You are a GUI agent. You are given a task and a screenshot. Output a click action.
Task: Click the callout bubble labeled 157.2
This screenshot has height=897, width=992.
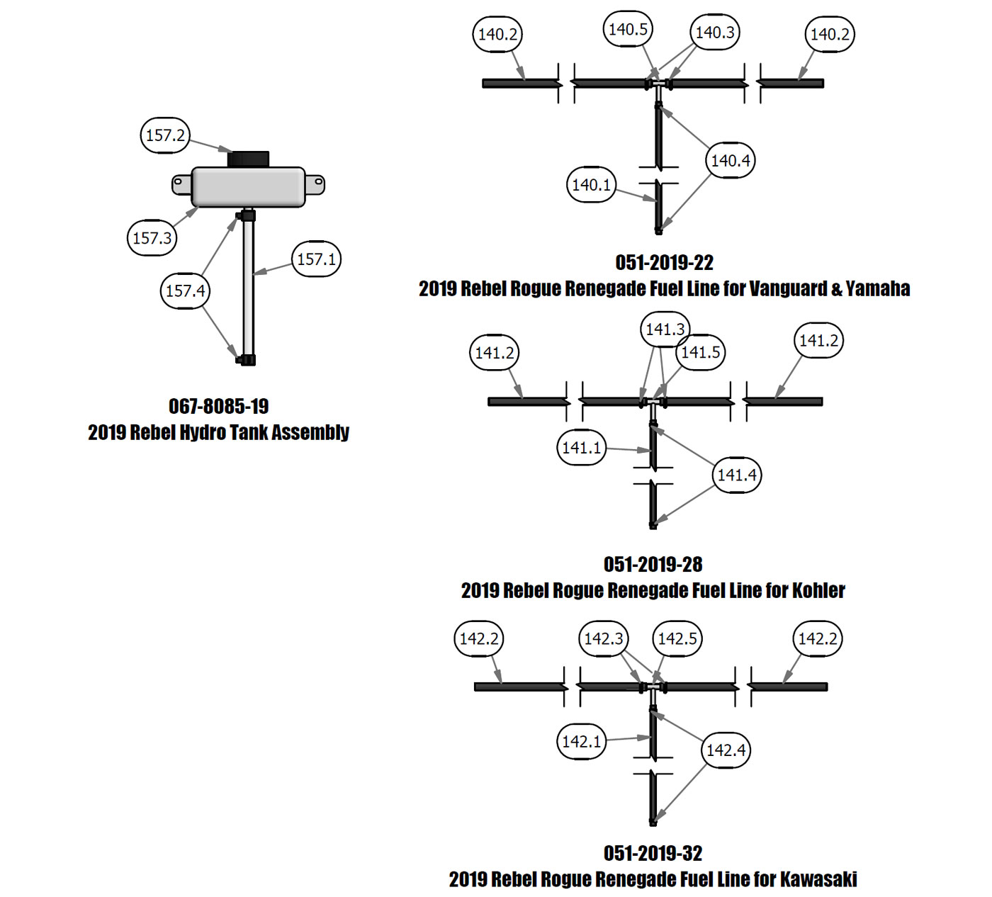click(x=165, y=135)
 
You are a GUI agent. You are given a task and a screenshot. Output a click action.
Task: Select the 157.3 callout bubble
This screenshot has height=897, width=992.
click(x=152, y=238)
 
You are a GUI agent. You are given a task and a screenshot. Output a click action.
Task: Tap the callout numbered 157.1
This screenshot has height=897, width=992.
click(x=317, y=259)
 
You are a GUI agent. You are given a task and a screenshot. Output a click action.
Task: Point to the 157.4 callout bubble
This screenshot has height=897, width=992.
click(x=185, y=290)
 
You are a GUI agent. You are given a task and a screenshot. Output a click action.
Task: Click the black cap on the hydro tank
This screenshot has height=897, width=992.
click(x=248, y=159)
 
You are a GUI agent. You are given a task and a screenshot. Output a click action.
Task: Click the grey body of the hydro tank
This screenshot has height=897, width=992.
click(x=248, y=187)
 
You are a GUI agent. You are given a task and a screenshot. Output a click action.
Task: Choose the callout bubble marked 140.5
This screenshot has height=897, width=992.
click(x=628, y=30)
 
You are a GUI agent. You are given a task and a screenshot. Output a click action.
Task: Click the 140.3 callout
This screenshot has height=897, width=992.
click(x=715, y=33)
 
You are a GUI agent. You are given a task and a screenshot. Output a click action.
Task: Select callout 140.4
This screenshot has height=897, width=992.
click(x=731, y=161)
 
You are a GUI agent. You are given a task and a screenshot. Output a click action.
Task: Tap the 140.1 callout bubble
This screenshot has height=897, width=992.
click(x=592, y=185)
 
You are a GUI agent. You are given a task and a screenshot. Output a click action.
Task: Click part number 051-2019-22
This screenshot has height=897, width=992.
click(x=664, y=263)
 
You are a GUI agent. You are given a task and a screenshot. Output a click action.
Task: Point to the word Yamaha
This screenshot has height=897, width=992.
click(x=878, y=289)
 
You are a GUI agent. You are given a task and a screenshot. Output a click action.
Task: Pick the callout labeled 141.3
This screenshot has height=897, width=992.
click(x=665, y=329)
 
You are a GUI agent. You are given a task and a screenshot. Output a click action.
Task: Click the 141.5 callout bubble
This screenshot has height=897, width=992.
click(x=701, y=352)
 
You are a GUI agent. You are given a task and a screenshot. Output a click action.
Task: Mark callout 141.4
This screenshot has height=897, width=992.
click(x=737, y=475)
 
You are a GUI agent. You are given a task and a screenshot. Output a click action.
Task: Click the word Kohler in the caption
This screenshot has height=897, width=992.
click(x=818, y=590)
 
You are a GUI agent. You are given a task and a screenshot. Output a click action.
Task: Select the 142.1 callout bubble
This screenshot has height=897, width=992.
click(x=582, y=742)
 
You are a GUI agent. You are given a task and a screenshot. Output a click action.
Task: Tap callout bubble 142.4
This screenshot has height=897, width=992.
click(x=726, y=750)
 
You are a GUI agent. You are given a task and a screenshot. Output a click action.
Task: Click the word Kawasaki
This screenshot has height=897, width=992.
click(x=818, y=879)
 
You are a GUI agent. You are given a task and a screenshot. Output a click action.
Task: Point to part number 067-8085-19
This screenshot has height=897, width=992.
click(x=218, y=407)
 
